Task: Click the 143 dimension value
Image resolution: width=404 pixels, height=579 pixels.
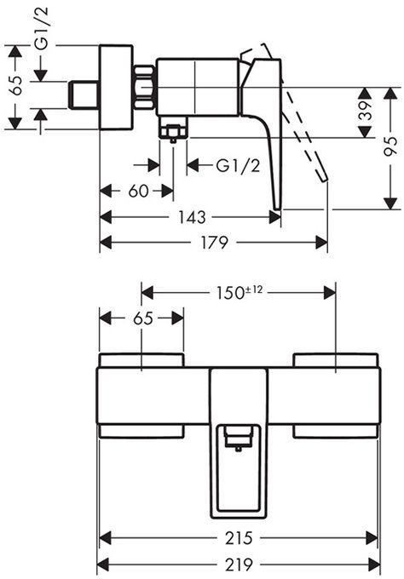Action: (x=192, y=217)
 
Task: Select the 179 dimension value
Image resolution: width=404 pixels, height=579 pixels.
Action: (x=214, y=243)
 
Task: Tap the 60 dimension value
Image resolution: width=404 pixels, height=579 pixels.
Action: (x=138, y=192)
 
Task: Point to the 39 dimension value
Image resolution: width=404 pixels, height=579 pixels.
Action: (x=366, y=111)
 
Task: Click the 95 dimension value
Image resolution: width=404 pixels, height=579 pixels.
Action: (x=390, y=146)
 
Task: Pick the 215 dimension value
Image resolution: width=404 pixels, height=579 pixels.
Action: (x=239, y=538)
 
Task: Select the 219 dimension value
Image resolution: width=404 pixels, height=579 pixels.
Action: (x=239, y=564)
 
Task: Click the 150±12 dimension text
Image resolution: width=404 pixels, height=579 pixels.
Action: (x=240, y=292)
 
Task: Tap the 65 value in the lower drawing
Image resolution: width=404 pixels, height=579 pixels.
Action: (x=143, y=318)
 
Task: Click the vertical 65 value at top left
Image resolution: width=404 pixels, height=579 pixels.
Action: (x=15, y=85)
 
